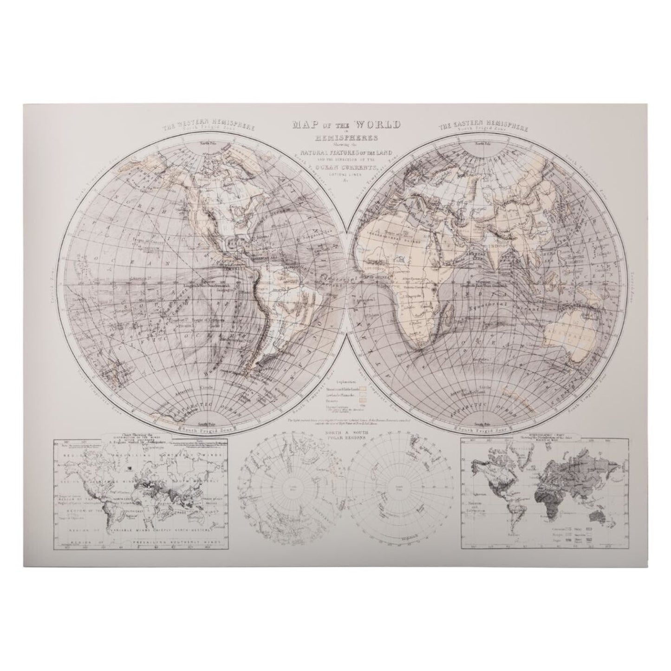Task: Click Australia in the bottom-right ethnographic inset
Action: pos(594,514)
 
